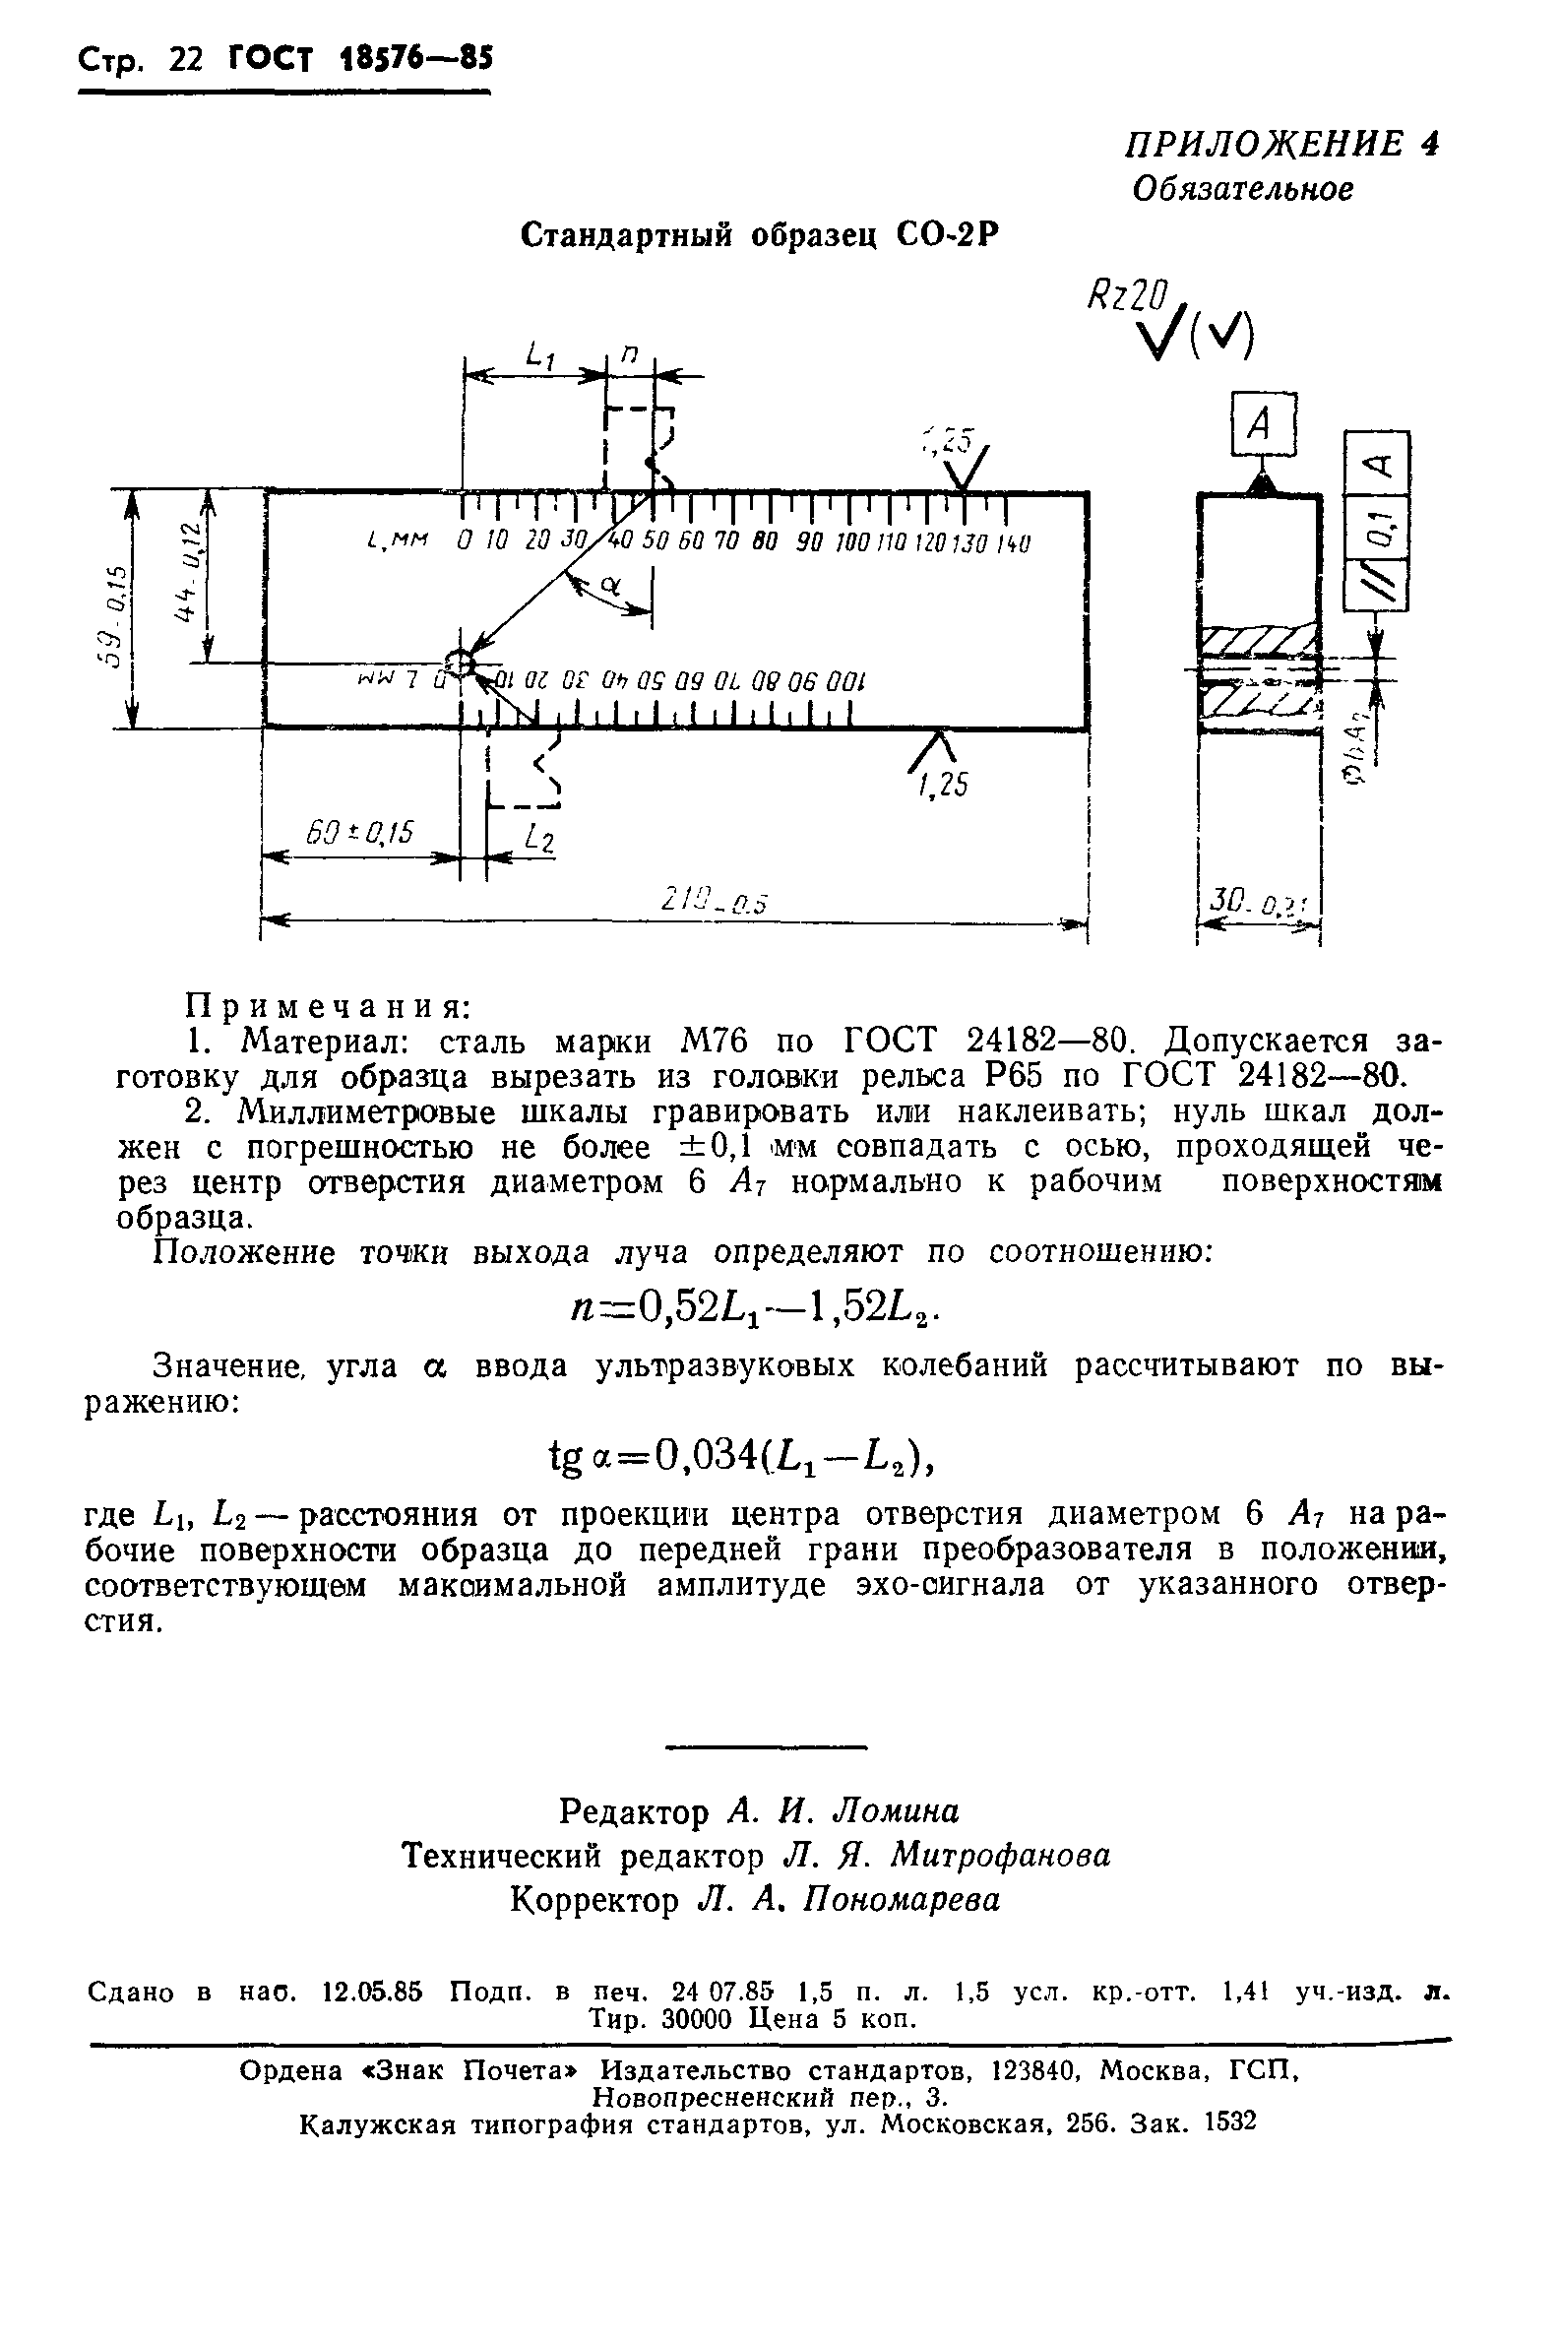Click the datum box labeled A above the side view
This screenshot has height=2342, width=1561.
(1264, 425)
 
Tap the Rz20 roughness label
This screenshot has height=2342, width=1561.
(1125, 295)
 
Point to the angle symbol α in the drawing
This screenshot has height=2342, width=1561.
(610, 588)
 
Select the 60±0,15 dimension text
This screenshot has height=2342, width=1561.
(360, 833)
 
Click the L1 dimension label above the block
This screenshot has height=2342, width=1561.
(538, 355)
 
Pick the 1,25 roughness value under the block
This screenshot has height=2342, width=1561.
(943, 785)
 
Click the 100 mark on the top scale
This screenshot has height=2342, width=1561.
(852, 543)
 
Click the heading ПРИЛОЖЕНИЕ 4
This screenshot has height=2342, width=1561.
(1282, 146)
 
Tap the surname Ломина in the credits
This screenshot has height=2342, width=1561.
(895, 1809)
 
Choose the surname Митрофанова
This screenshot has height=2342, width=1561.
(1000, 1854)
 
